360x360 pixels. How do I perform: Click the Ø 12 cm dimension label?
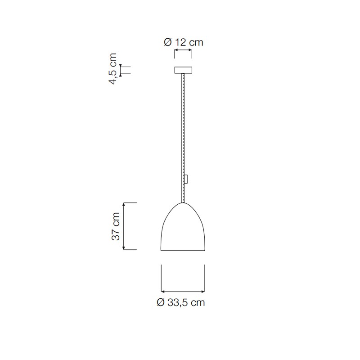tap(184, 42)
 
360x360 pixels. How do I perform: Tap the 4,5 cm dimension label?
tap(113, 69)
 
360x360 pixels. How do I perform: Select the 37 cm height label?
tap(116, 226)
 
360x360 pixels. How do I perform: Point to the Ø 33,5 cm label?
tap(181, 302)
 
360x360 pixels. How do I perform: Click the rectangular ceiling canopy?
tap(183, 70)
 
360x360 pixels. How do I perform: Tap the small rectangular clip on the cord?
tap(186, 179)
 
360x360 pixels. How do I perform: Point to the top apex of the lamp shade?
tap(183, 203)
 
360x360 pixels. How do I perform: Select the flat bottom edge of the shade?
tap(183, 250)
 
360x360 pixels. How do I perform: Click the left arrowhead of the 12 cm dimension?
tap(175, 50)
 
